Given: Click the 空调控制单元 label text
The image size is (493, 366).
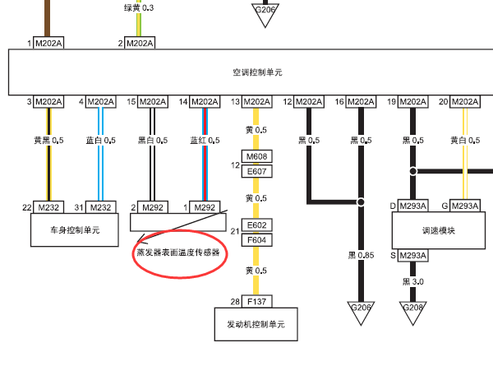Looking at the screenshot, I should pos(257,72).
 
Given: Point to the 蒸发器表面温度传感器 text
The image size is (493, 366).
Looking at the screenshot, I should pos(178,253).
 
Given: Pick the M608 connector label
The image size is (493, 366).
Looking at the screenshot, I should pos(258,156).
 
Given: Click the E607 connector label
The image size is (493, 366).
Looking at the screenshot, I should pos(258,171).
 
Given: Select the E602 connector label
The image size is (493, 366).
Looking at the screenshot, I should pos(258,225).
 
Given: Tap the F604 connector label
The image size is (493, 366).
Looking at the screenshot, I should pos(258,239).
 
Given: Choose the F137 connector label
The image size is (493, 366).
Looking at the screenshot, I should pos(258,301).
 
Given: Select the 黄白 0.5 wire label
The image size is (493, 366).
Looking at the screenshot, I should pos(464,141).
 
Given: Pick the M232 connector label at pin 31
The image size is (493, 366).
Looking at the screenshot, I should pos(101,206).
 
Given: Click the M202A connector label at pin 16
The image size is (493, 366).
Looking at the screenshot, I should pos(360,102).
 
